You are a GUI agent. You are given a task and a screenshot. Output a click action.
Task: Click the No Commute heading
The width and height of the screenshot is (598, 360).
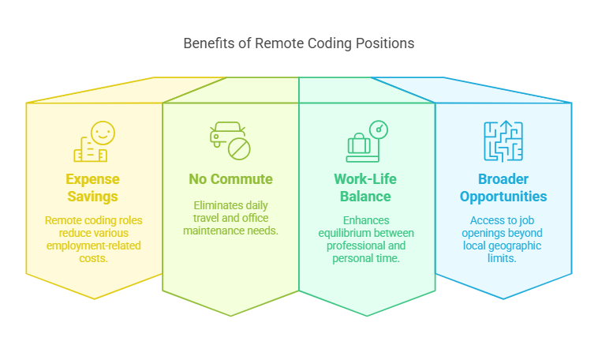tap(230, 179)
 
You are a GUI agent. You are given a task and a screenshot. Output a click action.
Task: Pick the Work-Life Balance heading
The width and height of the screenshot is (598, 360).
tap(367, 187)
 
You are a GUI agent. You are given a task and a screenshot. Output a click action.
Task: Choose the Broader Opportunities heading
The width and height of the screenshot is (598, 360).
tap(503, 187)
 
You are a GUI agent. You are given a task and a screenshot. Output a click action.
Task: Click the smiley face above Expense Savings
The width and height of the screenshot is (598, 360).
tap(103, 132)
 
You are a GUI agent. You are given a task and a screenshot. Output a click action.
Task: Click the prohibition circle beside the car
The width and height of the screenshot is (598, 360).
tap(239, 148)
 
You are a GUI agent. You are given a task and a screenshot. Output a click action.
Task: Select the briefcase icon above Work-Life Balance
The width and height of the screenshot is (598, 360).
tap(359, 147)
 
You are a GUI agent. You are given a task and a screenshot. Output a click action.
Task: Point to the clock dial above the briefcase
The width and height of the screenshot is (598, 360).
tap(379, 129)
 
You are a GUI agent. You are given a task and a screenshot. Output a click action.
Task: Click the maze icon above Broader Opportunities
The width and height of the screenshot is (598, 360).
tap(503, 141)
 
